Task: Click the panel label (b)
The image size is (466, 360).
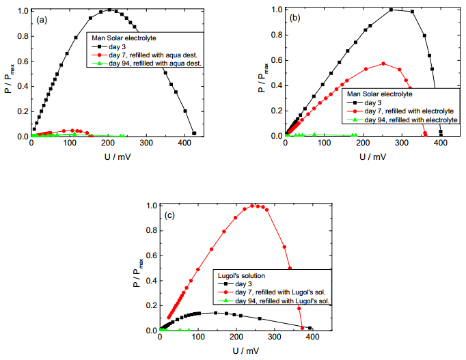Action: pyautogui.click(x=296, y=18)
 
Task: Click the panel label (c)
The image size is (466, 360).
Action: pyautogui.click(x=169, y=214)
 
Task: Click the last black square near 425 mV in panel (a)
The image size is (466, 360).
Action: pyautogui.click(x=194, y=133)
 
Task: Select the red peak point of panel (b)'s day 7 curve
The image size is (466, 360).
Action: pyautogui.click(x=383, y=64)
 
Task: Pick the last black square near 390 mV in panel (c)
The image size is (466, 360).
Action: pyautogui.click(x=310, y=328)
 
